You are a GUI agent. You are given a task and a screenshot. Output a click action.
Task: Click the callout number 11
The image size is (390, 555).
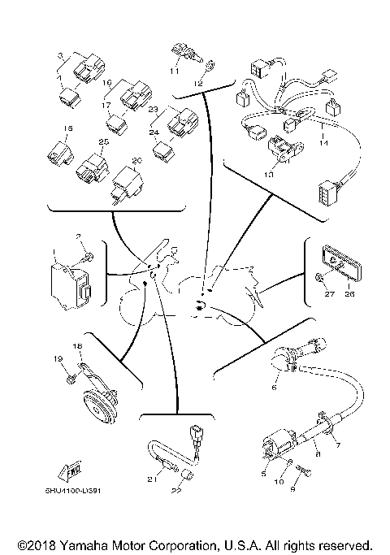[174, 72]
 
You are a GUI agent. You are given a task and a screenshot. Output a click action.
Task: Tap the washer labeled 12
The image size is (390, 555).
[208, 68]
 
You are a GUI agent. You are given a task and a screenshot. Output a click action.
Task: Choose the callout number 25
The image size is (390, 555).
[102, 141]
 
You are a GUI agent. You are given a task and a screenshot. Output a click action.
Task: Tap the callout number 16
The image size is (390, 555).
[106, 84]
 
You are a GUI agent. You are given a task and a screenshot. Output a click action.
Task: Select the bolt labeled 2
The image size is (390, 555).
[88, 258]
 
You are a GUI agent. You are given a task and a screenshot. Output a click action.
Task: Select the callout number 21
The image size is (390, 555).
[150, 480]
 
